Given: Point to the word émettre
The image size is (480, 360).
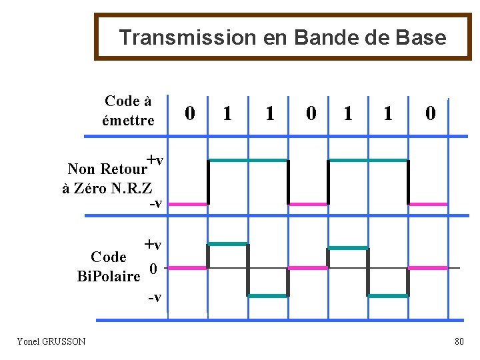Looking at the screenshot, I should coord(128,121).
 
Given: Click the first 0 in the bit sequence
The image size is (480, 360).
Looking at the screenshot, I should coord(190,114).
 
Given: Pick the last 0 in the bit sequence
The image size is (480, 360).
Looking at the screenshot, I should coord(431,114).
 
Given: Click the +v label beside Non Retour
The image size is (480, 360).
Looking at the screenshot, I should coord(155,160).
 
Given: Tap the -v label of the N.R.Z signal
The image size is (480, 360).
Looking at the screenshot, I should coord(155,203).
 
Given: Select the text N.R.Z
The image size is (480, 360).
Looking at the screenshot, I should coord(133,188).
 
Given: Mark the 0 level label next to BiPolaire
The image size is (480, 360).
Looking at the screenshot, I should coord(153,269).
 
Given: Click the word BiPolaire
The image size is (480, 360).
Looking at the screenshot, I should coord(109,276).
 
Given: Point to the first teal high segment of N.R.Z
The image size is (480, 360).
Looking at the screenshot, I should coord(247,161).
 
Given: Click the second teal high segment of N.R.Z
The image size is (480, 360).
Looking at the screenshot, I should coord(368,161).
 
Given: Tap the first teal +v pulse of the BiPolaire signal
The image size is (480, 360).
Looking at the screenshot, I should coord(227,244).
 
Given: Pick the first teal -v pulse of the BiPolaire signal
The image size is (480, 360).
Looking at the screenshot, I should coord(267,295).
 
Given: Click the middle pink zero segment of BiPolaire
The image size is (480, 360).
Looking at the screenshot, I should coord(307,267).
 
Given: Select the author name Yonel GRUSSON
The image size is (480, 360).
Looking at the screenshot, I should coord(51,341).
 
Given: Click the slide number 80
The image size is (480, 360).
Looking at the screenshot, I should coord(459,342).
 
